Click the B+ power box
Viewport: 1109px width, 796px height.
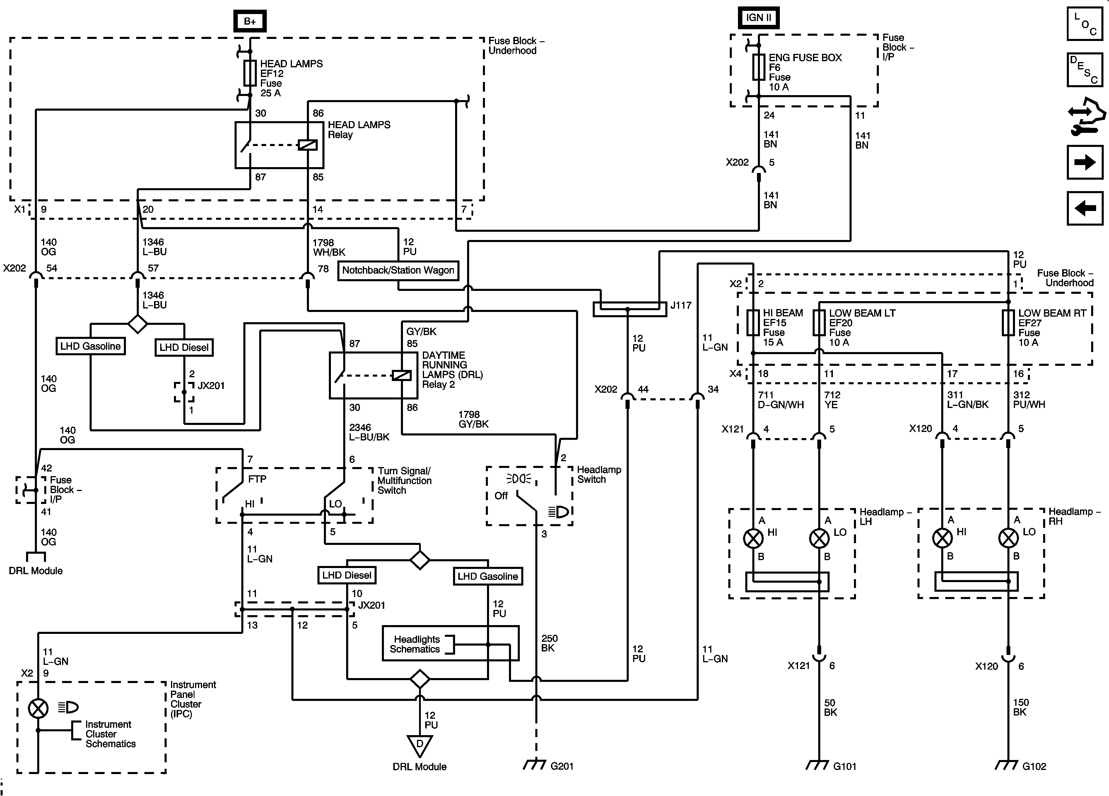[x=250, y=21]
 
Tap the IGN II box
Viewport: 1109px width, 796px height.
[x=758, y=18]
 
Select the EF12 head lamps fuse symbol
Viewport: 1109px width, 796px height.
[x=250, y=73]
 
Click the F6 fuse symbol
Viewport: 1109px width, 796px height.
[x=758, y=67]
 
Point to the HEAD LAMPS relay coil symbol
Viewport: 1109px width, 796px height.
[x=307, y=145]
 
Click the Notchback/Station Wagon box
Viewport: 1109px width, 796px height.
[x=398, y=270]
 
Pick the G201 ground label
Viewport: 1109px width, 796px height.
[x=562, y=766]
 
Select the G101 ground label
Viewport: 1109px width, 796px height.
[x=845, y=766]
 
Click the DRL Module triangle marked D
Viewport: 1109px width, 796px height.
[x=420, y=745]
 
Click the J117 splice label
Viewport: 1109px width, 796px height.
[x=681, y=306]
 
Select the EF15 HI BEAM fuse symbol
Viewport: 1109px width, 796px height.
[x=753, y=323]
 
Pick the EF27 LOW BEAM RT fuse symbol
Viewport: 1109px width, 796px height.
[x=1008, y=323]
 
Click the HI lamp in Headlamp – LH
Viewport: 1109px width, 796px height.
[x=753, y=538]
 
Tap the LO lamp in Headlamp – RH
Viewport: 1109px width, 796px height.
[x=1008, y=538]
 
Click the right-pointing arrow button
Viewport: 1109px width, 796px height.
[x=1085, y=162]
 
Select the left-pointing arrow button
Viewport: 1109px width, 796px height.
[x=1085, y=209]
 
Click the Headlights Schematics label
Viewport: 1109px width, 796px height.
[x=417, y=644]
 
